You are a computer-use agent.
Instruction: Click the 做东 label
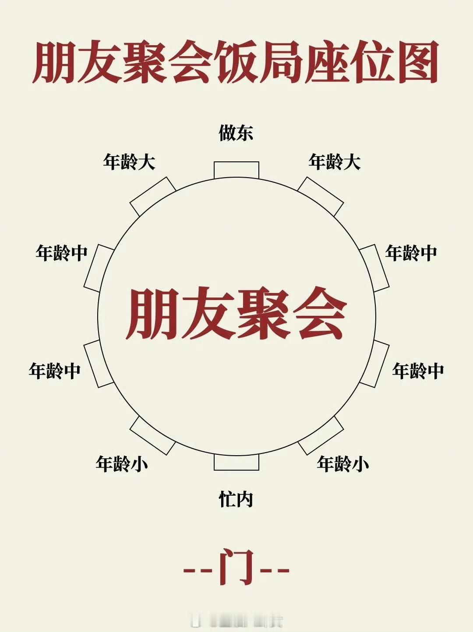236,133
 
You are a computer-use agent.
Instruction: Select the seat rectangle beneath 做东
236,170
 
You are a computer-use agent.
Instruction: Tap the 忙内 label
236,499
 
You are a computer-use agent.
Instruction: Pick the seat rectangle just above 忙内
236,462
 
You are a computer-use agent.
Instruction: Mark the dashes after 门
275,571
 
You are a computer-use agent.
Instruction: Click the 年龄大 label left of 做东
129,162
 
